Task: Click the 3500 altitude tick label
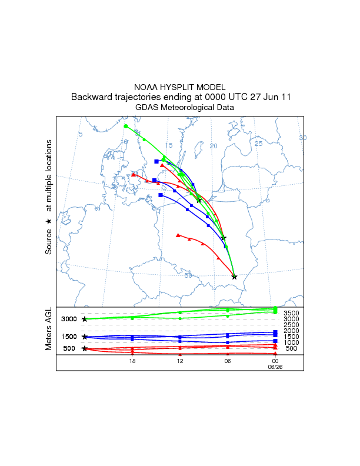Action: click(x=292, y=313)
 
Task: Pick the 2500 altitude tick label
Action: click(x=292, y=325)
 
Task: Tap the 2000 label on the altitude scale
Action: click(x=292, y=331)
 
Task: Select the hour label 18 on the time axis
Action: click(x=133, y=361)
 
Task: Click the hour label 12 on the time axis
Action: click(x=180, y=361)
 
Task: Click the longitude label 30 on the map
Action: click(x=303, y=138)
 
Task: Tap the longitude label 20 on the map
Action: click(x=214, y=146)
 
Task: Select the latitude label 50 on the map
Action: click(x=188, y=275)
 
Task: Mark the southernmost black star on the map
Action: click(x=234, y=277)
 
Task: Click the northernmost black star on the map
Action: click(x=199, y=201)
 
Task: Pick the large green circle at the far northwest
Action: click(x=126, y=126)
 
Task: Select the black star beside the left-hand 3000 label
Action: click(x=85, y=319)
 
